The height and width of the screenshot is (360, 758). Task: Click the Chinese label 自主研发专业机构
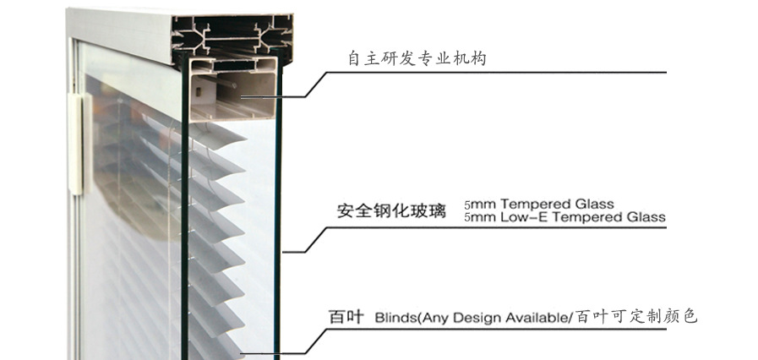tap(417, 59)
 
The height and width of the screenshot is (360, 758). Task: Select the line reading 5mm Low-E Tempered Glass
tap(564, 217)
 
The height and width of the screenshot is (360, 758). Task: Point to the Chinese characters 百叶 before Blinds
tap(346, 318)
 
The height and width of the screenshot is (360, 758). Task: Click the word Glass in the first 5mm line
tap(596, 205)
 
